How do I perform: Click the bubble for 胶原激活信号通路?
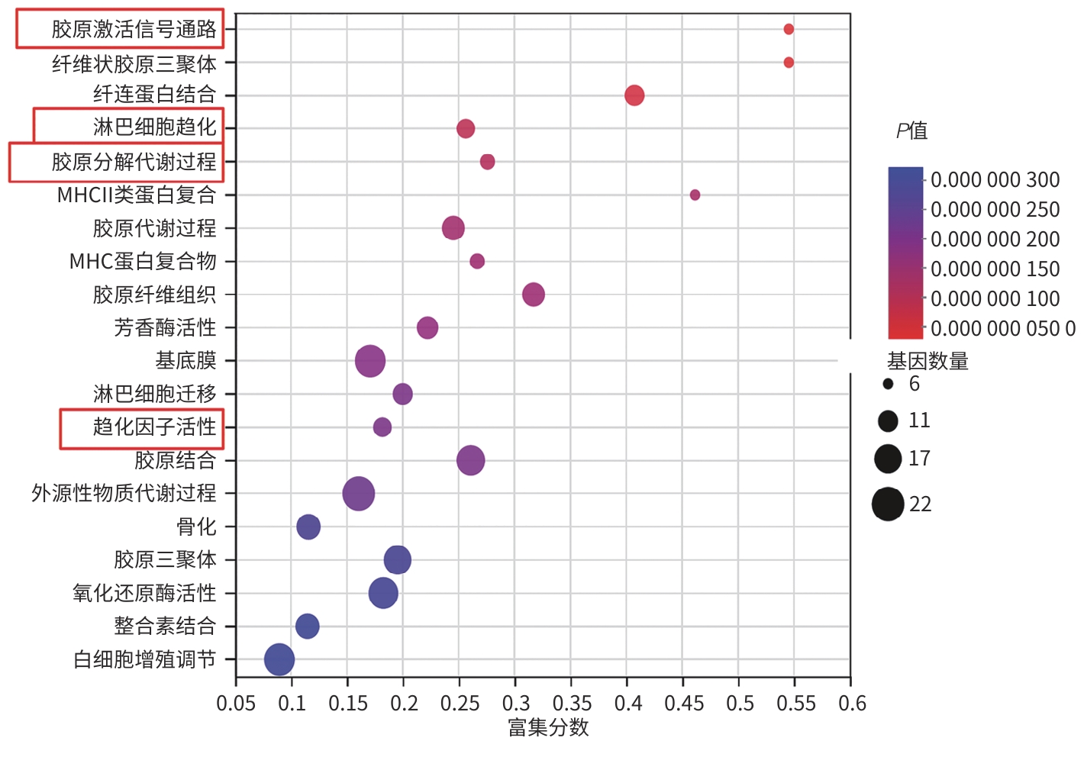click(789, 29)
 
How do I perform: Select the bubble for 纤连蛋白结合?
click(634, 95)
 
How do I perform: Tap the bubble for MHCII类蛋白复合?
click(695, 195)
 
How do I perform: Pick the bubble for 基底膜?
click(370, 361)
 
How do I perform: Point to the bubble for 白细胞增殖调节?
click(279, 659)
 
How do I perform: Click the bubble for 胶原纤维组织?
click(534, 295)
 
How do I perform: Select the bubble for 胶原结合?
click(471, 460)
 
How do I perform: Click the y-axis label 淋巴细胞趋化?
click(155, 127)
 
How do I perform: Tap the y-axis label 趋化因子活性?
click(155, 427)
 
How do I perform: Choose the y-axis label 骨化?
click(196, 527)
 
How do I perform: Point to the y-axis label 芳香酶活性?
click(166, 327)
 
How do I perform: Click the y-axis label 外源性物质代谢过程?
click(124, 493)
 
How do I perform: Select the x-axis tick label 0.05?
click(236, 703)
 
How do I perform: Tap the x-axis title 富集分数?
click(548, 728)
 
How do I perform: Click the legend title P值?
click(911, 131)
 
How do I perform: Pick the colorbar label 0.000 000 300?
click(995, 180)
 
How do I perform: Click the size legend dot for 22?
click(888, 504)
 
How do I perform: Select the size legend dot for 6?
click(888, 384)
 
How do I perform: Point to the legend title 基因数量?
click(928, 361)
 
